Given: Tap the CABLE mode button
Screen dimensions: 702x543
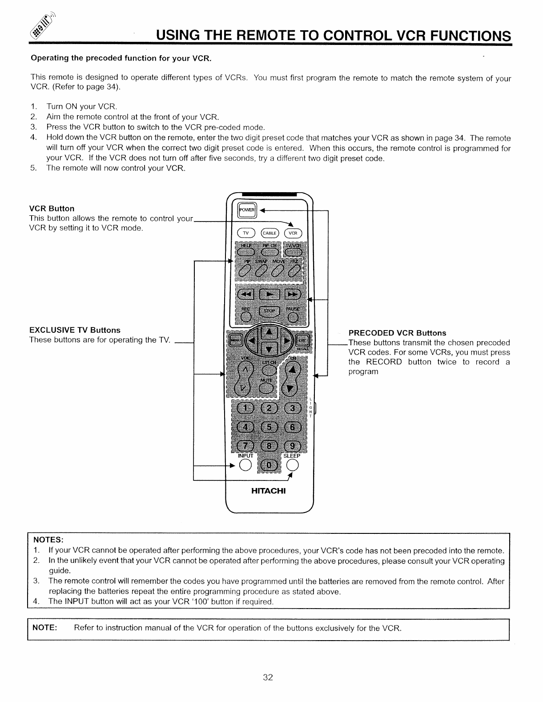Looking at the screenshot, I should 269,233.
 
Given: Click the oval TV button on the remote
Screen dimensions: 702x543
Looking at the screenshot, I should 246,233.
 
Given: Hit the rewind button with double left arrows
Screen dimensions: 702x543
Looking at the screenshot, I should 246,294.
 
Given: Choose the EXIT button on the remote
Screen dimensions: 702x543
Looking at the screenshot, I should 302,341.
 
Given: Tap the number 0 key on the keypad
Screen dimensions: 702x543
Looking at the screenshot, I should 269,465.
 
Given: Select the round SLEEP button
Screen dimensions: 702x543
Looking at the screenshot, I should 292,465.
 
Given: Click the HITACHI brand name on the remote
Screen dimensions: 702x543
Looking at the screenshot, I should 268,491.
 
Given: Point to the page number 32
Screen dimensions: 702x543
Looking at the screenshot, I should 268,678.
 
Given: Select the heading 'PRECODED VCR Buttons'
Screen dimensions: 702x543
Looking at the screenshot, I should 397,333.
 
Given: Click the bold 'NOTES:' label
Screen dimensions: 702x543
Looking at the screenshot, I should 49,540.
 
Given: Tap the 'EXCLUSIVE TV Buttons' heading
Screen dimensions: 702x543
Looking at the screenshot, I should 75,330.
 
